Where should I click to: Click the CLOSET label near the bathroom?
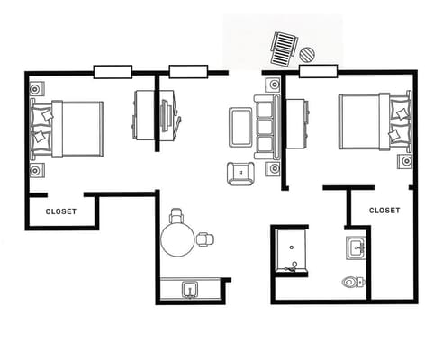(x=384, y=210)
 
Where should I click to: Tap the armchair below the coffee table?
(x=240, y=173)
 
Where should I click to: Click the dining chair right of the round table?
(x=206, y=238)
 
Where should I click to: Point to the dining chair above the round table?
(x=176, y=216)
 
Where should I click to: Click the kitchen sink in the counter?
(x=190, y=289)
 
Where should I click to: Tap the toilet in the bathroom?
(x=352, y=283)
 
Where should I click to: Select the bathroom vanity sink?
(x=355, y=247)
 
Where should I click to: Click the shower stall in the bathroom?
(x=292, y=251)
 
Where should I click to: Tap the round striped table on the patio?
(x=308, y=56)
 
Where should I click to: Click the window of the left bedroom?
(x=113, y=71)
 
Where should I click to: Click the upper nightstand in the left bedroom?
(x=37, y=90)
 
